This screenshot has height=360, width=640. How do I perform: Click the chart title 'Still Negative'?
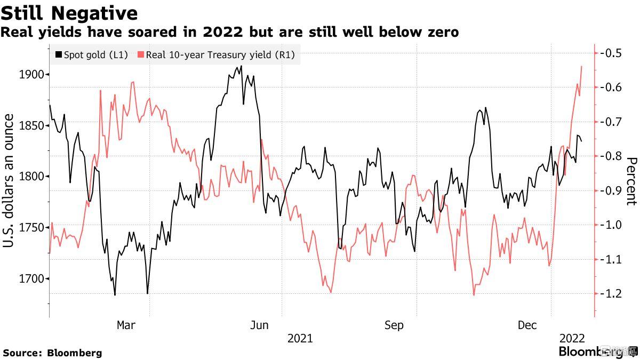69,13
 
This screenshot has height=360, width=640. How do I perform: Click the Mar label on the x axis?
126,325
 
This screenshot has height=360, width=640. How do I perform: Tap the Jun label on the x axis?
260,325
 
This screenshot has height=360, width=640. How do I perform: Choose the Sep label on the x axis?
394,325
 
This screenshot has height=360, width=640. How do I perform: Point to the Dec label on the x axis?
528,325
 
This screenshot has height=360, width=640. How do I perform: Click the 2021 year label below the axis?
300,338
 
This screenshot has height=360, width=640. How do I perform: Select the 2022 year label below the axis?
572,338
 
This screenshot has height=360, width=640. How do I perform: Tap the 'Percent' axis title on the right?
631,181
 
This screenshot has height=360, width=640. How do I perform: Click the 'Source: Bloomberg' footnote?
52,353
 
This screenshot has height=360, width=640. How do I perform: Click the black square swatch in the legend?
59,54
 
